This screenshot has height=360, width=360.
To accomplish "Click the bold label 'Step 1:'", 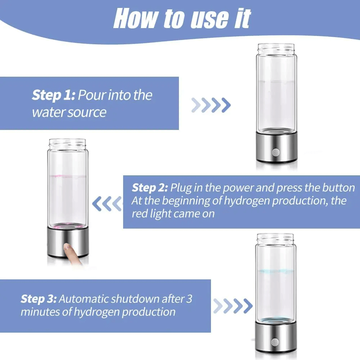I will coord(53,95).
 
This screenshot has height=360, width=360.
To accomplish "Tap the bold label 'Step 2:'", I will coord(150,188).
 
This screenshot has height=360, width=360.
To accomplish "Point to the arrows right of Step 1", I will coord(211,105).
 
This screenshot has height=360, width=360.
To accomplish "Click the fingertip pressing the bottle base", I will coord(67,248).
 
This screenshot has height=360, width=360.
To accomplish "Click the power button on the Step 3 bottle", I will coord(276,340).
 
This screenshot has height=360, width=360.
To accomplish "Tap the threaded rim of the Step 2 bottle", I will coord(68,144).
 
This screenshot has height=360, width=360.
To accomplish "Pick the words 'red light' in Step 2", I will coord(152,214).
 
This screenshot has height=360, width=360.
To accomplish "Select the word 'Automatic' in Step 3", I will coord(84,299).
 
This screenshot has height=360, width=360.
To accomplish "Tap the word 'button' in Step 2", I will coord(338,188).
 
